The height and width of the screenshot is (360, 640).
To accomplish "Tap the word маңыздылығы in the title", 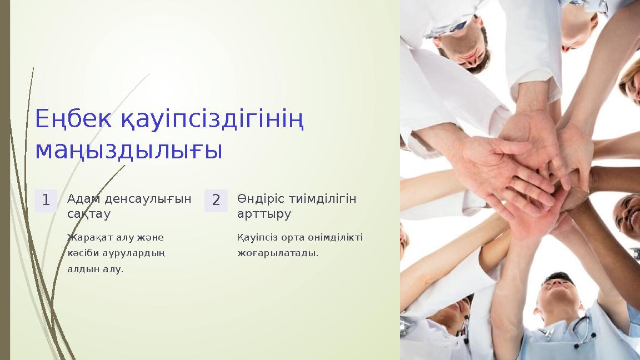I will click(x=128, y=150).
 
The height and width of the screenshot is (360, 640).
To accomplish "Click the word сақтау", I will click(x=89, y=213).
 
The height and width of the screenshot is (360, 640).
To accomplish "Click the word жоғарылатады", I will click(x=278, y=253).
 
